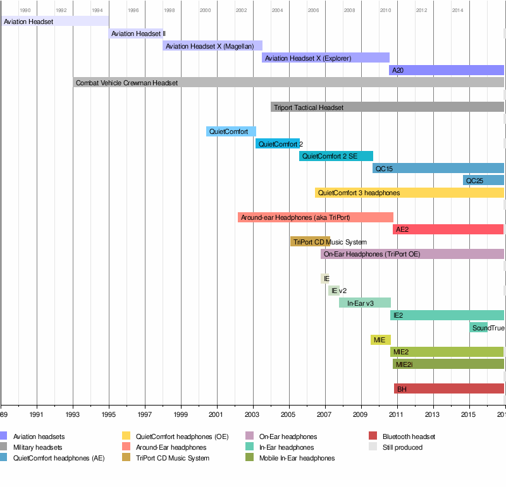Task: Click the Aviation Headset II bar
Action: (x=136, y=33)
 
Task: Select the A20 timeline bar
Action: (x=446, y=70)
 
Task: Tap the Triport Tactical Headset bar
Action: (x=387, y=107)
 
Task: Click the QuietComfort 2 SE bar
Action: (x=336, y=156)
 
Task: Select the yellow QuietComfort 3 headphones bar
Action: (x=409, y=193)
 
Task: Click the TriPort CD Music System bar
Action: (x=310, y=241)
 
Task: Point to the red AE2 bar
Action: (x=448, y=229)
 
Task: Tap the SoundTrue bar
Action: (x=479, y=327)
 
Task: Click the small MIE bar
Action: (x=380, y=340)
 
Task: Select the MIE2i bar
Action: (x=448, y=364)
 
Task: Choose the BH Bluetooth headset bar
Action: (x=448, y=388)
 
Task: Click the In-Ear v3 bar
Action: (x=364, y=303)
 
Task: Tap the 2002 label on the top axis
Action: (x=242, y=11)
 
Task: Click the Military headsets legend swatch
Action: (x=3, y=447)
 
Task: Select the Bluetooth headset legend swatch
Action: (x=373, y=436)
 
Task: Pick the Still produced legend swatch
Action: (x=373, y=447)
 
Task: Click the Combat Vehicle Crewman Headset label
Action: (x=126, y=83)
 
